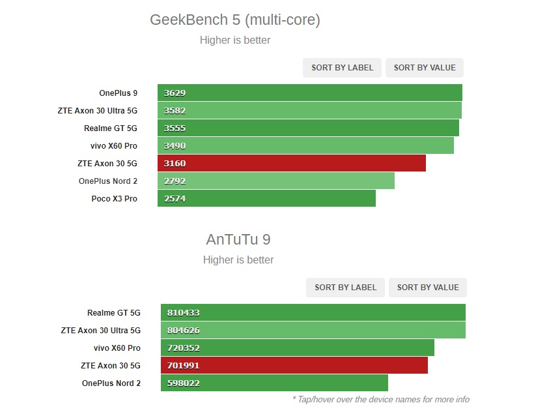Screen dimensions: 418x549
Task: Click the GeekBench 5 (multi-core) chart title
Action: [234, 20]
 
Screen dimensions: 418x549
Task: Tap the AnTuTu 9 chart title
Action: [238, 239]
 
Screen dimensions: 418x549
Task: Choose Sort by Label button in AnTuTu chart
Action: [345, 288]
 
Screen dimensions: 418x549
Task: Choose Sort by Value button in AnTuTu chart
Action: [428, 288]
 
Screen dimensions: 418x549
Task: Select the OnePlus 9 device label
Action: [118, 93]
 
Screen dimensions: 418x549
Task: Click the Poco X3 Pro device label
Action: [114, 199]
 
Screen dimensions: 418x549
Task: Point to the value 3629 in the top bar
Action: [175, 93]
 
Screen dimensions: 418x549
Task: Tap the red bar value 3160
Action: [175, 164]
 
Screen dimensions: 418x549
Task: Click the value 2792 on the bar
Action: [175, 181]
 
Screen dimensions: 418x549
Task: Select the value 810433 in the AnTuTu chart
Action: [183, 313]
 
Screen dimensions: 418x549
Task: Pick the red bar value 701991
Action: [183, 366]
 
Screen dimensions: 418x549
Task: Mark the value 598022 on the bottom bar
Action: [183, 383]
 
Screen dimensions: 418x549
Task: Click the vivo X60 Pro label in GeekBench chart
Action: [114, 146]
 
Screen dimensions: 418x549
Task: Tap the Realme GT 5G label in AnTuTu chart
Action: [114, 313]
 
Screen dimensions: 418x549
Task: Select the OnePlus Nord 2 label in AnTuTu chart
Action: [111, 383]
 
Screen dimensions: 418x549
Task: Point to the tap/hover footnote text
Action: [381, 399]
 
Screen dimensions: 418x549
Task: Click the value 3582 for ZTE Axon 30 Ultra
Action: [175, 111]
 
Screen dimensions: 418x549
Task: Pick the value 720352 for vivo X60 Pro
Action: [183, 348]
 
